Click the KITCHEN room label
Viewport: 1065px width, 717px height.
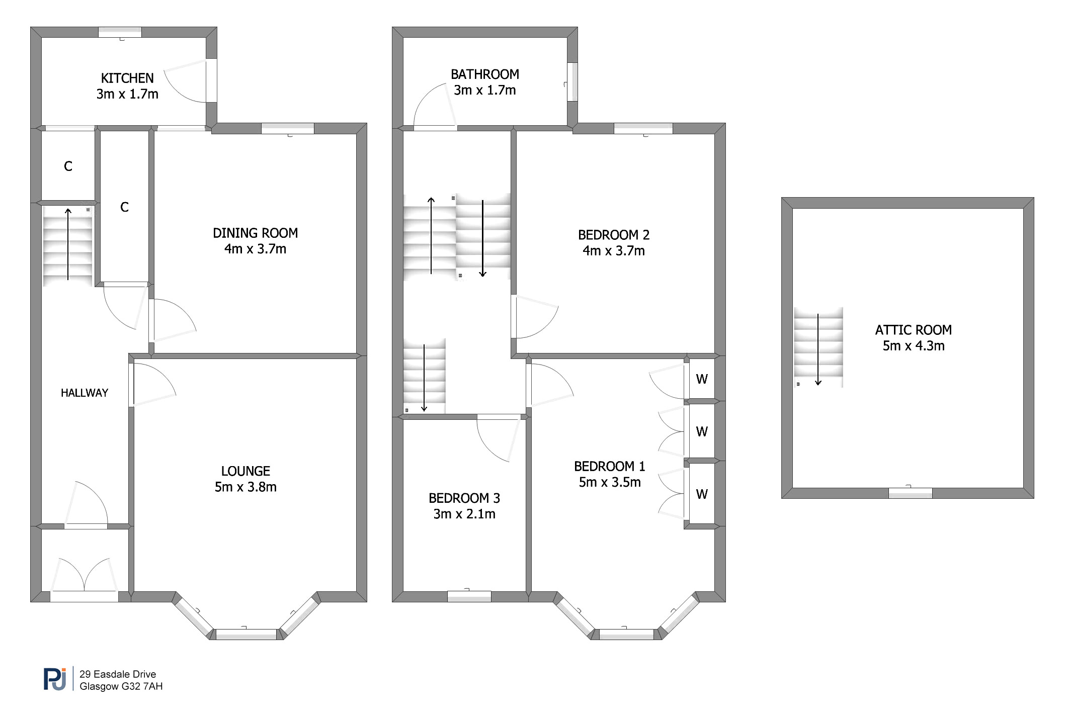[x=127, y=78]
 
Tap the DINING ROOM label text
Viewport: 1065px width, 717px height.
[x=255, y=233]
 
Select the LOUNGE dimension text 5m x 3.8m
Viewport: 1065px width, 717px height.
[x=245, y=487]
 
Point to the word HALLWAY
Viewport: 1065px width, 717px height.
[x=85, y=393]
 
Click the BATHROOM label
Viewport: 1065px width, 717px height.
[x=485, y=74]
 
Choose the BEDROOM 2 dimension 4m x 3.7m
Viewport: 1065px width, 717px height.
[x=614, y=250]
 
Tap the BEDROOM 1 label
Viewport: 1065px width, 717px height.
[x=610, y=467]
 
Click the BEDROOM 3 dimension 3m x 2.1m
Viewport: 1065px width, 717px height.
[x=464, y=514]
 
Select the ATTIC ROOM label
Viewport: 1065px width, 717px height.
[x=914, y=330]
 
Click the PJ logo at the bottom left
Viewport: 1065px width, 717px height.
[x=55, y=679]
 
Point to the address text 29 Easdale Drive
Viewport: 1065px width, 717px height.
[x=118, y=674]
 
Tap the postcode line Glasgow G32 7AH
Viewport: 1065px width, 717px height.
[x=121, y=686]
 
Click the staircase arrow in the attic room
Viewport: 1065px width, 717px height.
[x=818, y=349]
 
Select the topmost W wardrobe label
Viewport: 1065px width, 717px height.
[x=702, y=379]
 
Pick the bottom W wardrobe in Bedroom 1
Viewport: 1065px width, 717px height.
[x=702, y=494]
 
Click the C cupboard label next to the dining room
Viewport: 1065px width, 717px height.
[x=125, y=207]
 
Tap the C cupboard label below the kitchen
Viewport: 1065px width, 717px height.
[x=68, y=166]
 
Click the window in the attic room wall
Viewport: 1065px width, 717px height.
[x=911, y=493]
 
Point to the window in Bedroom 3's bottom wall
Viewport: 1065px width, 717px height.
[x=469, y=596]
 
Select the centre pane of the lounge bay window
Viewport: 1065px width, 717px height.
[x=246, y=634]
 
